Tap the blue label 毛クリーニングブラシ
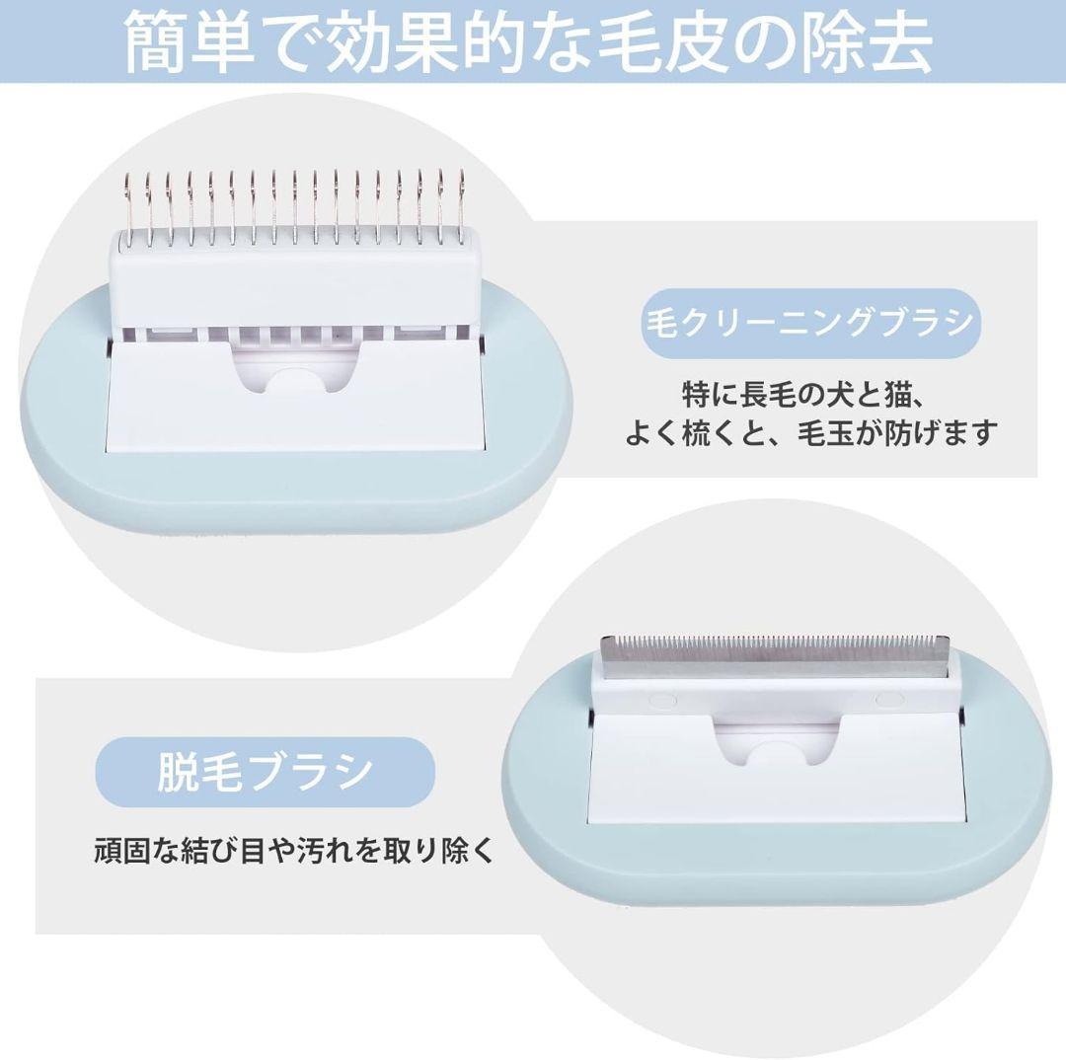click(x=810, y=323)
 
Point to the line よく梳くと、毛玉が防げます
click(x=810, y=433)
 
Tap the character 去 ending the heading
click(x=900, y=41)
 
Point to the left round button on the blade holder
click(x=663, y=700)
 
